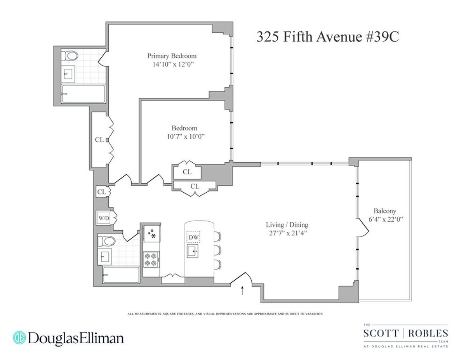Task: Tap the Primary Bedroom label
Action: click(x=172, y=56)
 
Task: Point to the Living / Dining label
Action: click(x=287, y=224)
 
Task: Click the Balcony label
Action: click(x=384, y=211)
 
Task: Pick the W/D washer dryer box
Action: click(x=104, y=218)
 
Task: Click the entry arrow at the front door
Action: click(x=243, y=290)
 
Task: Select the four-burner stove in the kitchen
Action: click(x=151, y=259)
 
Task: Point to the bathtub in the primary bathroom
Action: click(x=83, y=94)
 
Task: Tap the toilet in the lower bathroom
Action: click(x=107, y=241)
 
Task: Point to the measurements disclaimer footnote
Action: click(x=225, y=313)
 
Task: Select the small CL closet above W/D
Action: click(x=102, y=192)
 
